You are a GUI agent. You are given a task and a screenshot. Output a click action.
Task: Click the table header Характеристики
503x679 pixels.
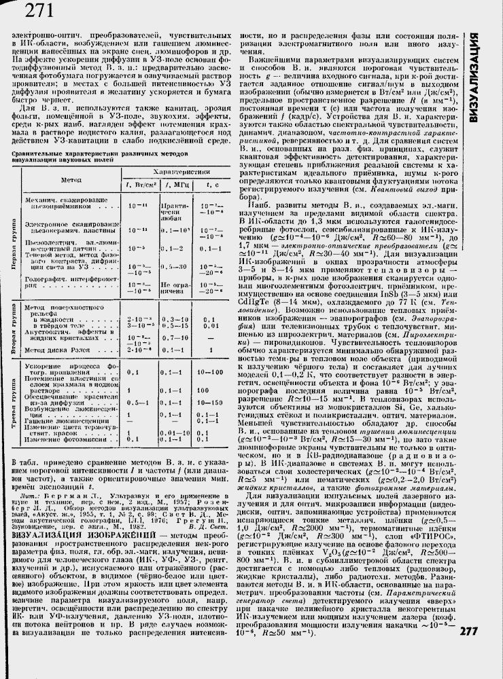(x=178, y=172)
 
